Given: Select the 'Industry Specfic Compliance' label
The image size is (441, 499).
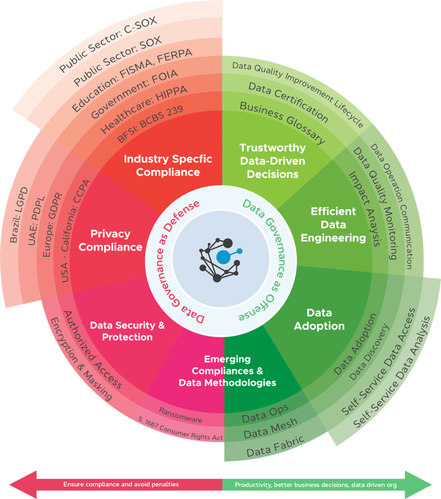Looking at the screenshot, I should [x=168, y=165].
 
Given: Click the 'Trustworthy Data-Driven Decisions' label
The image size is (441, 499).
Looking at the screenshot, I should [x=272, y=160].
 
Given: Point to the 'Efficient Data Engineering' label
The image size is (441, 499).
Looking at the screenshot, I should [x=338, y=224].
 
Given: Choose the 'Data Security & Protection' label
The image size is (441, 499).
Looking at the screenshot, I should [x=127, y=331].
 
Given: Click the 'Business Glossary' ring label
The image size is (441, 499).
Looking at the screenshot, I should [x=282, y=123].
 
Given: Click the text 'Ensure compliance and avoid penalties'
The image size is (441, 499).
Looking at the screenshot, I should [x=121, y=484].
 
